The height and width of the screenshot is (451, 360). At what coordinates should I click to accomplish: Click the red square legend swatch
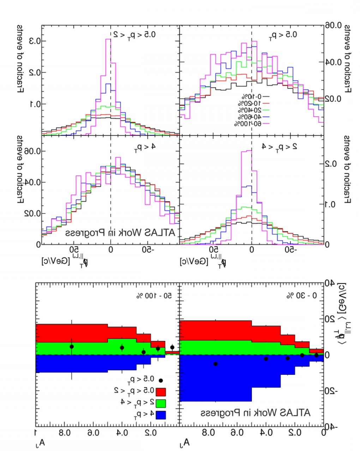(161, 391)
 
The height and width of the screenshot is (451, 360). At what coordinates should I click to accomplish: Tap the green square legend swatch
(161, 403)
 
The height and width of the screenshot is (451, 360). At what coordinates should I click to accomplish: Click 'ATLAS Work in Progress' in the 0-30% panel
(256, 412)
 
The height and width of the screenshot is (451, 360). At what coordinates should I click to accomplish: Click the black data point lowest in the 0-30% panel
(216, 364)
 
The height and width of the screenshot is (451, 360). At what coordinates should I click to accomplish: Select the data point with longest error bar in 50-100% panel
(72, 347)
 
